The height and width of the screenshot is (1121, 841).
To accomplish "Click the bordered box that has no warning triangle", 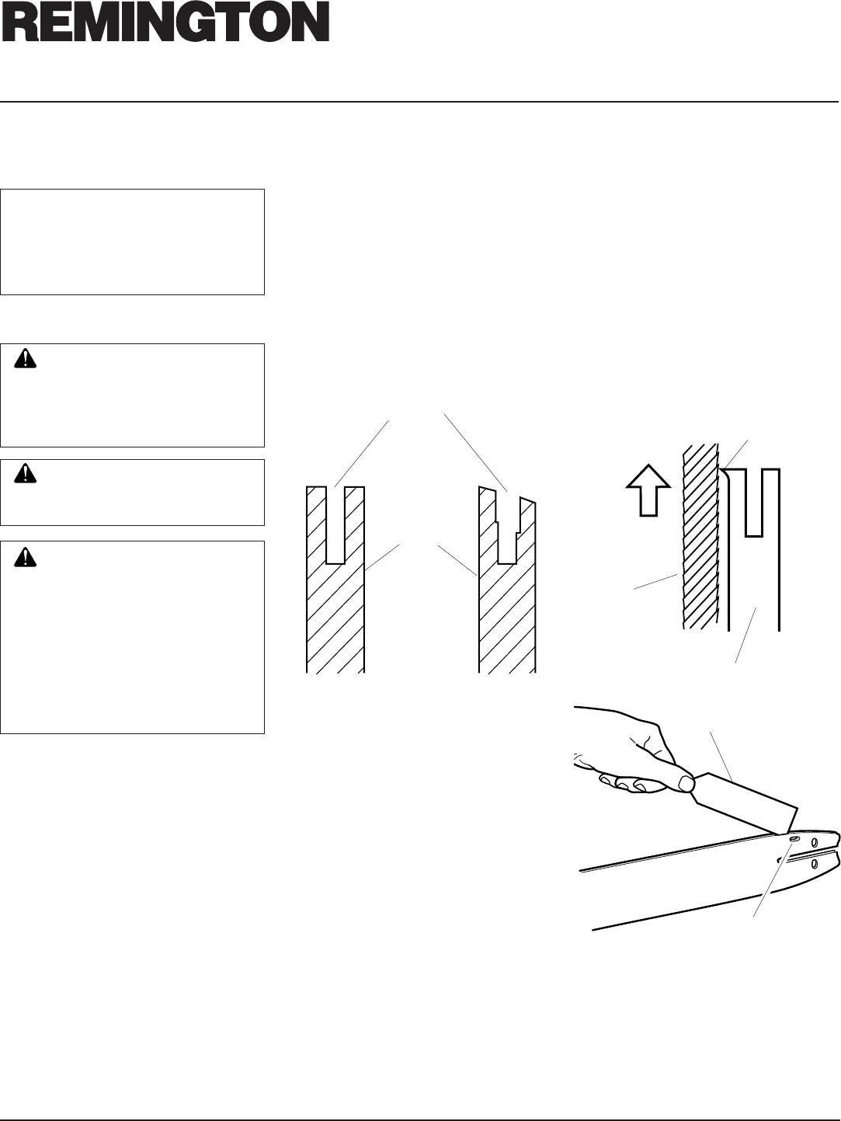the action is click(132, 241).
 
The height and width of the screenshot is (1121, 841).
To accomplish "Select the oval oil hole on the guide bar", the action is click(792, 840).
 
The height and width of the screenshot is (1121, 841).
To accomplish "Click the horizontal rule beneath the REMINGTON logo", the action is click(420, 102).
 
